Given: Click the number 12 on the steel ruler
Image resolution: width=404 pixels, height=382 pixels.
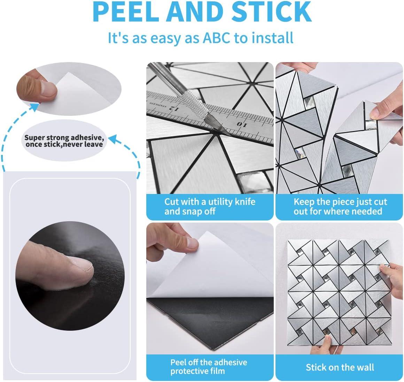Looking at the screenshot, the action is coord(173,108).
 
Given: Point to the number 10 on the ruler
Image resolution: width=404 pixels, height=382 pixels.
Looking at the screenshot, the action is coord(242,125).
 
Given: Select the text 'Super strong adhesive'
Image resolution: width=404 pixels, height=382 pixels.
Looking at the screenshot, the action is coord(64,137).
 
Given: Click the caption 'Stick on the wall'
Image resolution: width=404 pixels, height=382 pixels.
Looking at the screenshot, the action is coord(340,367).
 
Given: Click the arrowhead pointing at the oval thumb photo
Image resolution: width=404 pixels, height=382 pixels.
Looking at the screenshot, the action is coord(34,107).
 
